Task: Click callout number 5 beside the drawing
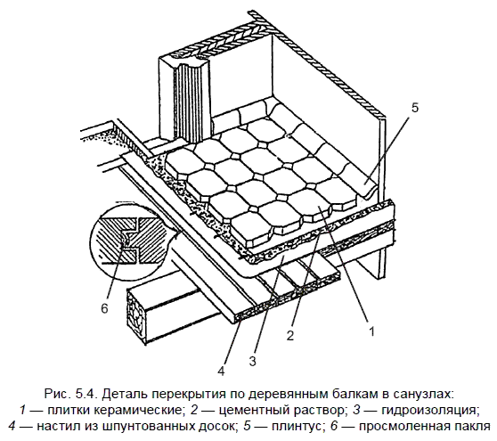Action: click(414, 108)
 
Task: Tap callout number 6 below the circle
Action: click(104, 308)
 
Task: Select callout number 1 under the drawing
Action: click(371, 331)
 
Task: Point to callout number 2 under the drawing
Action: click(290, 335)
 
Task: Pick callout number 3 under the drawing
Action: click(252, 361)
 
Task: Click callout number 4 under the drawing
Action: click(222, 371)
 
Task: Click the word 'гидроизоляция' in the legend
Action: click(429, 411)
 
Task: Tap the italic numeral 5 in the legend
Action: click(247, 427)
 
